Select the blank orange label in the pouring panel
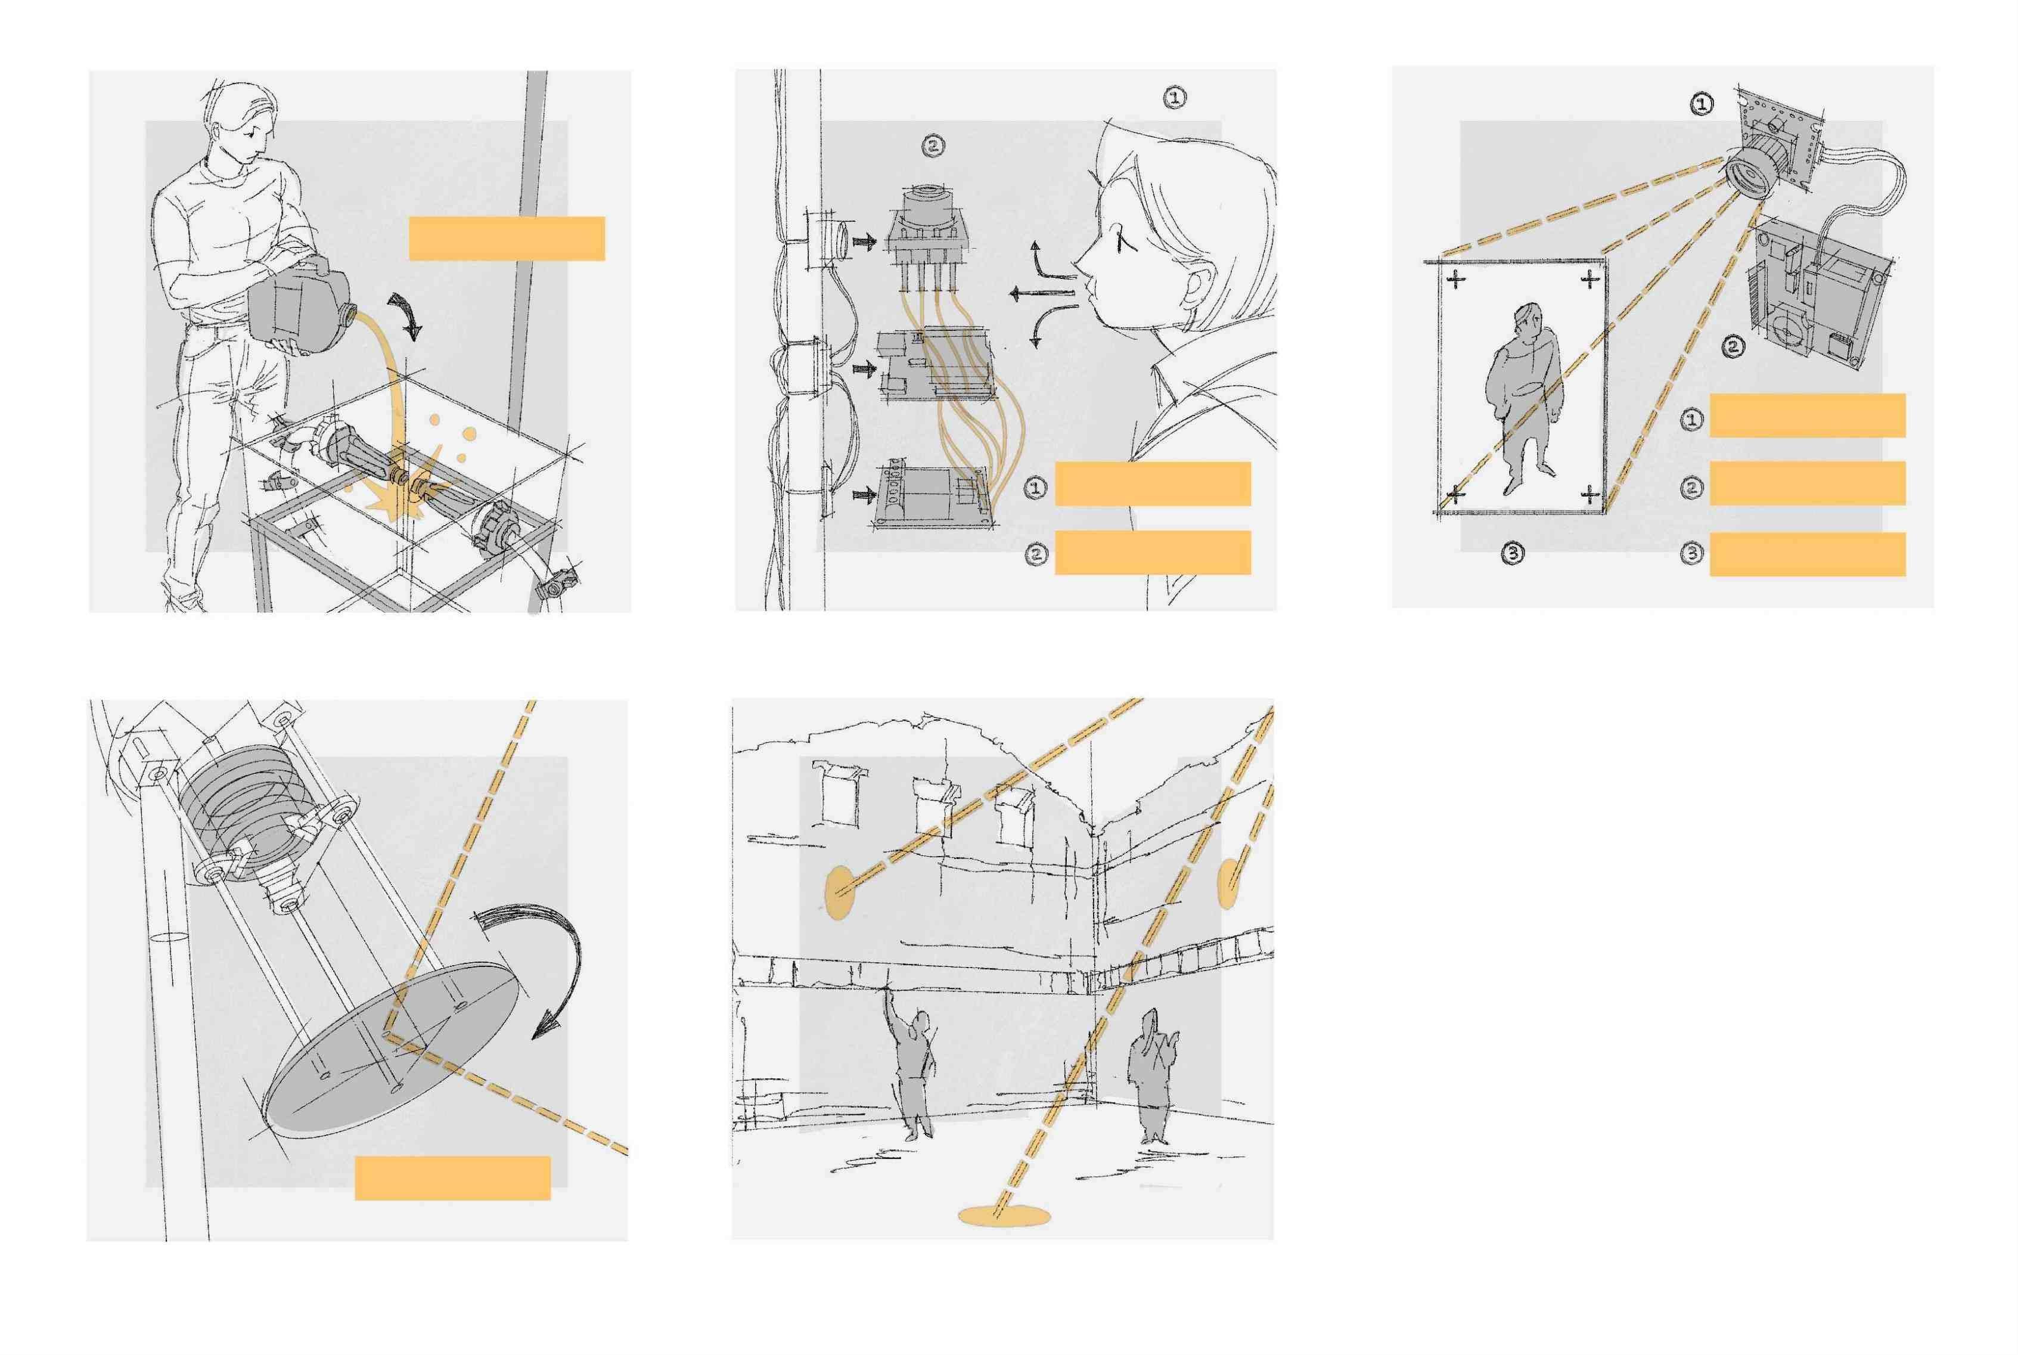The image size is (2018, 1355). (x=506, y=238)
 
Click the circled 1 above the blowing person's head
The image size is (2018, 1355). (x=1175, y=98)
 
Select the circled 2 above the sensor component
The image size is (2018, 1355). (x=933, y=146)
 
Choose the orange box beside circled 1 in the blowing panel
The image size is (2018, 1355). (x=1153, y=484)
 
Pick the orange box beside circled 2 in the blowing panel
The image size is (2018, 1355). (x=1153, y=552)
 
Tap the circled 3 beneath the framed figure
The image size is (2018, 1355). (x=1513, y=553)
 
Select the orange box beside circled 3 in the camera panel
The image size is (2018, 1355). (x=1807, y=554)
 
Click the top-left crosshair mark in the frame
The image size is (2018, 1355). (x=1457, y=278)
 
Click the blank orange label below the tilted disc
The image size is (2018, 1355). (x=453, y=1178)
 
